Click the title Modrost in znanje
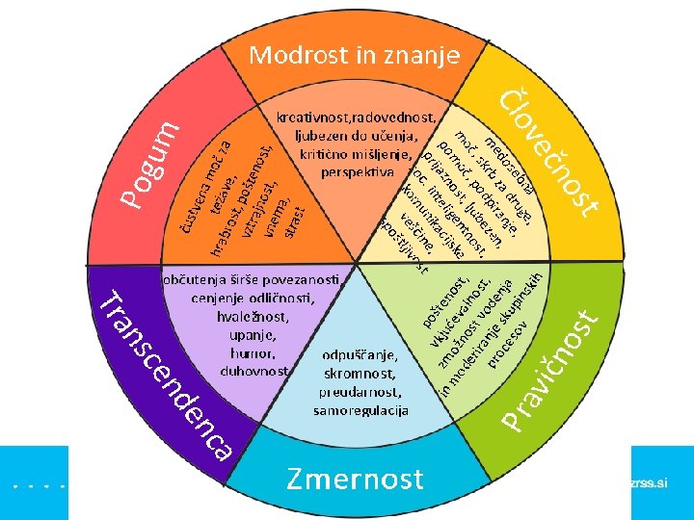[354, 55]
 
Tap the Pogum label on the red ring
[150, 163]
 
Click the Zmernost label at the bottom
[355, 479]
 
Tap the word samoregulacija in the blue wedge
[360, 410]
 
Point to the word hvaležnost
[254, 316]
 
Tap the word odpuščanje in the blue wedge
[361, 353]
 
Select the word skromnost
[361, 373]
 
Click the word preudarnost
[360, 392]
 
